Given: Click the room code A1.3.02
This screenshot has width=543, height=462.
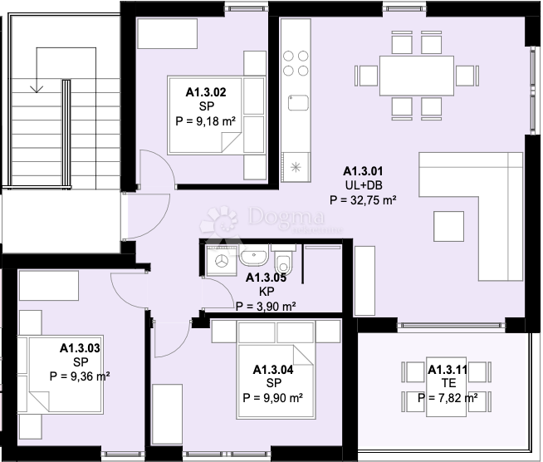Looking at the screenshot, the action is point(206,92).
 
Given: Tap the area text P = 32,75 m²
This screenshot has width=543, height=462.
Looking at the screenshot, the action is point(363,200).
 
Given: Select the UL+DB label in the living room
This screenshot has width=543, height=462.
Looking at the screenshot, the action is point(364,185).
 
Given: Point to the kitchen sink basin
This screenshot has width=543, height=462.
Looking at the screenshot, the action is point(298,103).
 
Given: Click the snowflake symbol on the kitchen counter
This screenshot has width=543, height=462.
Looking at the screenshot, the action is point(296,167).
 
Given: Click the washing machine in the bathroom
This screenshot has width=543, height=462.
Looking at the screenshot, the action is point(222,261).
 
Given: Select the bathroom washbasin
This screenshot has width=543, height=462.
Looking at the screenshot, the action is point(253,256).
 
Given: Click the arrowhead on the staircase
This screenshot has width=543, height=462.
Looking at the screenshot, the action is point(37,89).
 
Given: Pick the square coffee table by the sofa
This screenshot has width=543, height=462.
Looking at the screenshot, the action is point(448,226).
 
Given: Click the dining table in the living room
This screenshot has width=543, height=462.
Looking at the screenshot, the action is point(417,76).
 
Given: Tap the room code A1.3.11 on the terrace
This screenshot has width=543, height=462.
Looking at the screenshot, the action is point(448,370).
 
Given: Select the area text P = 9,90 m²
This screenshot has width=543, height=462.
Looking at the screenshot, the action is point(273,397).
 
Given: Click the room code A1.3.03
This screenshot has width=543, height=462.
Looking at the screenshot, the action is point(80,348).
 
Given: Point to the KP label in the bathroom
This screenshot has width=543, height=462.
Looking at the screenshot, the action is point(267,292).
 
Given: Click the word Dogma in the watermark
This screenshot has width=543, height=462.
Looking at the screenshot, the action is point(286,216).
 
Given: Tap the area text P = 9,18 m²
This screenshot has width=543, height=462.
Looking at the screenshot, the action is point(206,121).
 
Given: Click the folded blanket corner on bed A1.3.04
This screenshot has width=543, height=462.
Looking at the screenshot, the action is point(303,355).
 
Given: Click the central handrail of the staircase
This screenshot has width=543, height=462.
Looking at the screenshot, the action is point(66,135).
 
